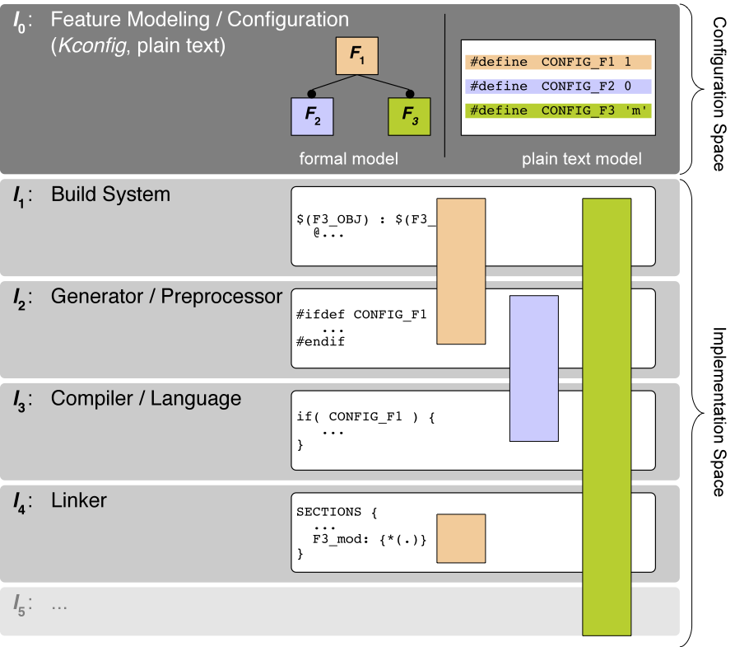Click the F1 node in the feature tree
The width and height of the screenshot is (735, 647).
(x=356, y=56)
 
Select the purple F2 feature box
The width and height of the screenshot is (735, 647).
(x=313, y=116)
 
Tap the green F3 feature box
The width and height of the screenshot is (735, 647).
(x=409, y=116)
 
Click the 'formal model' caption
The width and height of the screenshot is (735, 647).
(x=348, y=159)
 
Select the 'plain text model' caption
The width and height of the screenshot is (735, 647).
(x=581, y=159)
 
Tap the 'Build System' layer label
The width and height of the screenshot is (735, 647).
(x=110, y=195)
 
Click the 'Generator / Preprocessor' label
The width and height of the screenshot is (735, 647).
(x=166, y=297)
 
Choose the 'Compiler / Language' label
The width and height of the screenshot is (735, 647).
(x=146, y=399)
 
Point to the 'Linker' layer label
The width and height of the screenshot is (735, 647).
(x=79, y=500)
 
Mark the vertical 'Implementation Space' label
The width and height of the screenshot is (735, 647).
(x=717, y=412)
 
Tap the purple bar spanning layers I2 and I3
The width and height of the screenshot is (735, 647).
(x=534, y=368)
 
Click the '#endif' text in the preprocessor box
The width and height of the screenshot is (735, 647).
(x=320, y=341)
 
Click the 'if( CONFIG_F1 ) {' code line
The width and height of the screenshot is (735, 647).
(x=365, y=417)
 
